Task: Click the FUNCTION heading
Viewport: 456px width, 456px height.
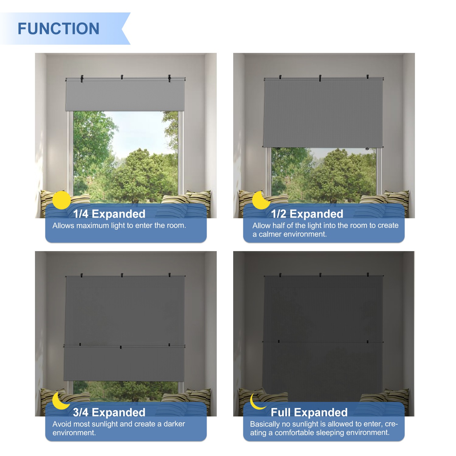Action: tap(58, 29)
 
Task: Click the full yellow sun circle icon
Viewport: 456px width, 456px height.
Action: tap(61, 200)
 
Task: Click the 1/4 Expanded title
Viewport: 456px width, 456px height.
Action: tap(109, 214)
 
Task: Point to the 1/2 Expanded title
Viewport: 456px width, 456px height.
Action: tap(307, 214)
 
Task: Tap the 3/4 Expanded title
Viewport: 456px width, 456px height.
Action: tap(109, 412)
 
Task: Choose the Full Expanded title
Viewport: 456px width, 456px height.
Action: tap(309, 412)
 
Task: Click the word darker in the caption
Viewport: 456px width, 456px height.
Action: tap(174, 424)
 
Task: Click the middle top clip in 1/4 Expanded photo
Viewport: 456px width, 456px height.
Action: tap(122, 77)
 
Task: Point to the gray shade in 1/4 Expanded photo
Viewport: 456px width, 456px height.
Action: tap(125, 95)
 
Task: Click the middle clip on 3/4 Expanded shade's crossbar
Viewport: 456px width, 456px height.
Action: tap(121, 347)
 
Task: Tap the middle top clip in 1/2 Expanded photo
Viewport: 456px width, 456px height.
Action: tap(320, 78)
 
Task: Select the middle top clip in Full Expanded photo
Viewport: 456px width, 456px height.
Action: tap(320, 275)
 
